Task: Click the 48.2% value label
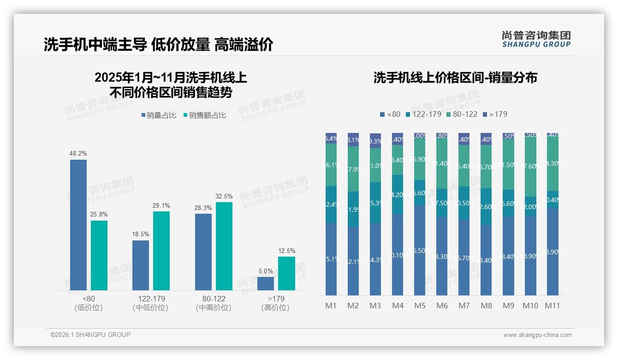78,153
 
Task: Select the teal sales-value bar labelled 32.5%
224,246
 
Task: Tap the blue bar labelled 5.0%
266,283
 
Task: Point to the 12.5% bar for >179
286,273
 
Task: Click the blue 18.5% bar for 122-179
141,265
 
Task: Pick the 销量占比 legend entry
159,115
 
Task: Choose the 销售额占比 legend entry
205,115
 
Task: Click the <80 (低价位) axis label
88,303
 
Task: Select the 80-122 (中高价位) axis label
214,303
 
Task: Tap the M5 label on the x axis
420,306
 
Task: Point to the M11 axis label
553,306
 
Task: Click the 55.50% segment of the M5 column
420,250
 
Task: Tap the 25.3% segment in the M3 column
375,203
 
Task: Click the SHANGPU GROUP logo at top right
536,39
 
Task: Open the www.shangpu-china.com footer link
537,335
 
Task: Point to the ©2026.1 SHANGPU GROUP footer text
90,335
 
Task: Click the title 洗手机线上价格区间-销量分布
455,78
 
